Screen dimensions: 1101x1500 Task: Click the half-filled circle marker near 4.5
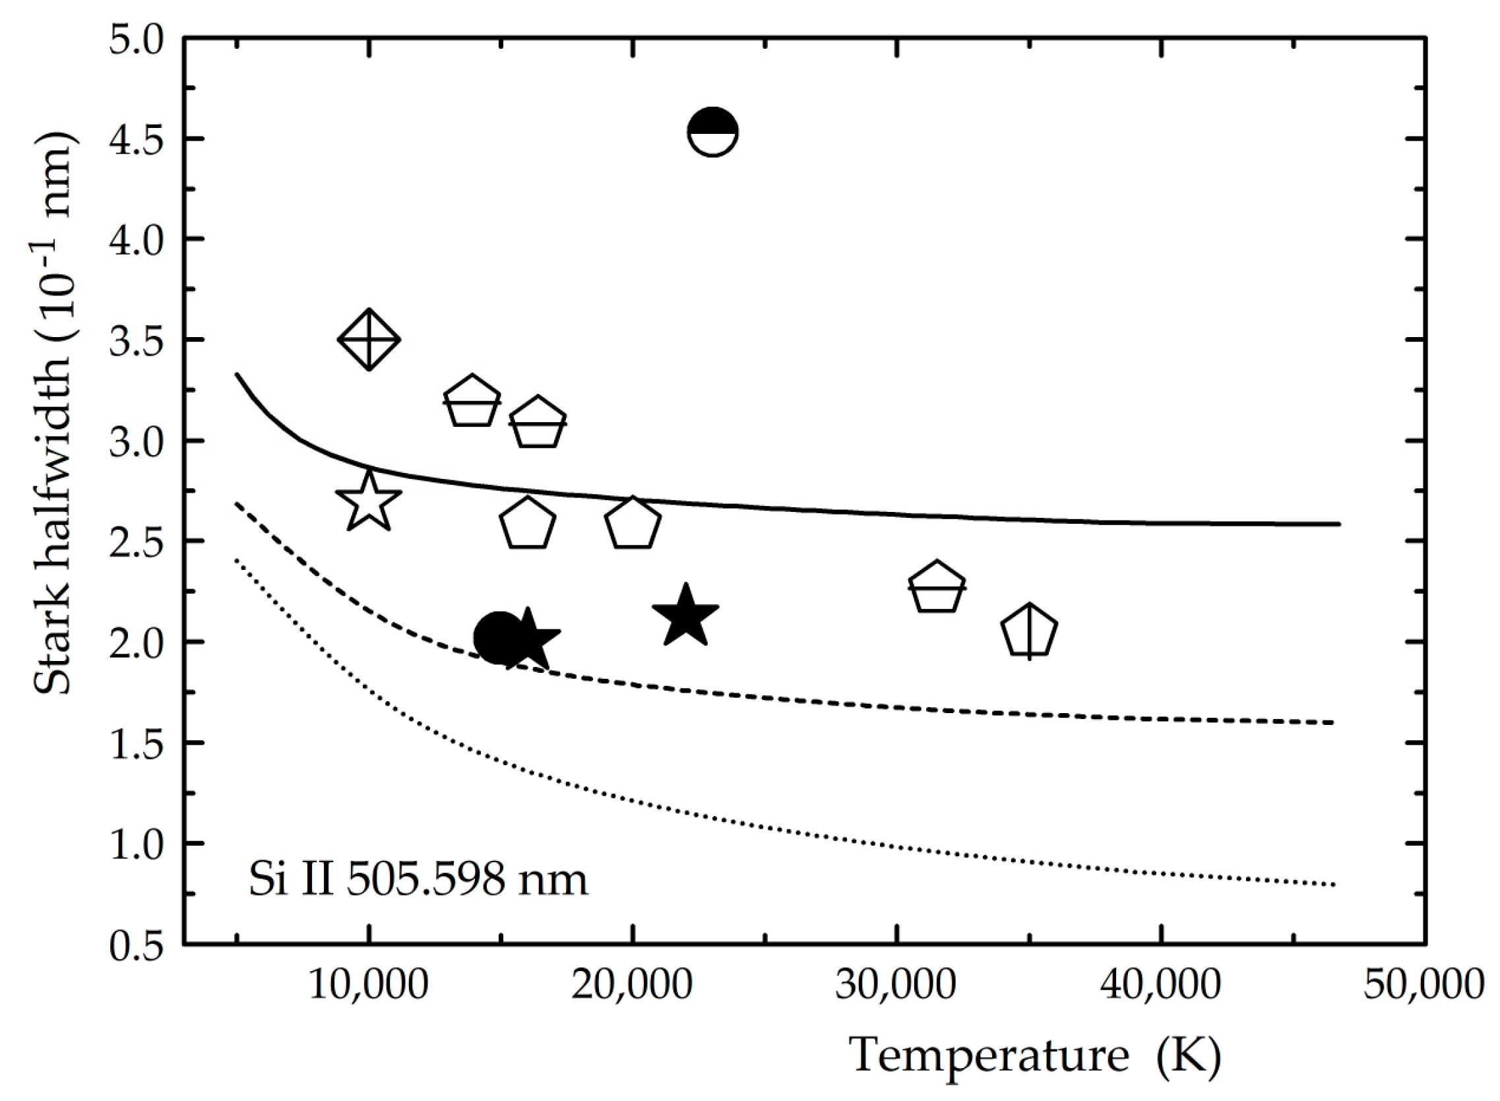pyautogui.click(x=712, y=131)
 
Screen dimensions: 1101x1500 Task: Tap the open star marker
pyautogui.click(x=369, y=502)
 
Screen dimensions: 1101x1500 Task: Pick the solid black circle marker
pyautogui.click(x=499, y=638)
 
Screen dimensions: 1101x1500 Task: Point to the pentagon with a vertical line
pyautogui.click(x=1030, y=632)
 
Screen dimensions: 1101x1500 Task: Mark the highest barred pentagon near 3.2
pyautogui.click(x=472, y=401)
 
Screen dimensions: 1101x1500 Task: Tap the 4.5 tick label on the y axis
pyautogui.click(x=137, y=140)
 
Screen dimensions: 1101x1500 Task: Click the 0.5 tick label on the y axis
pyautogui.click(x=137, y=945)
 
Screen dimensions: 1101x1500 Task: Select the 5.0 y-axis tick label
pyautogui.click(x=137, y=40)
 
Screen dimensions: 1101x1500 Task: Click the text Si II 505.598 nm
pyautogui.click(x=418, y=880)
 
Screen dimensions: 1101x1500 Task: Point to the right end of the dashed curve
pyautogui.click(x=1332, y=722)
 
